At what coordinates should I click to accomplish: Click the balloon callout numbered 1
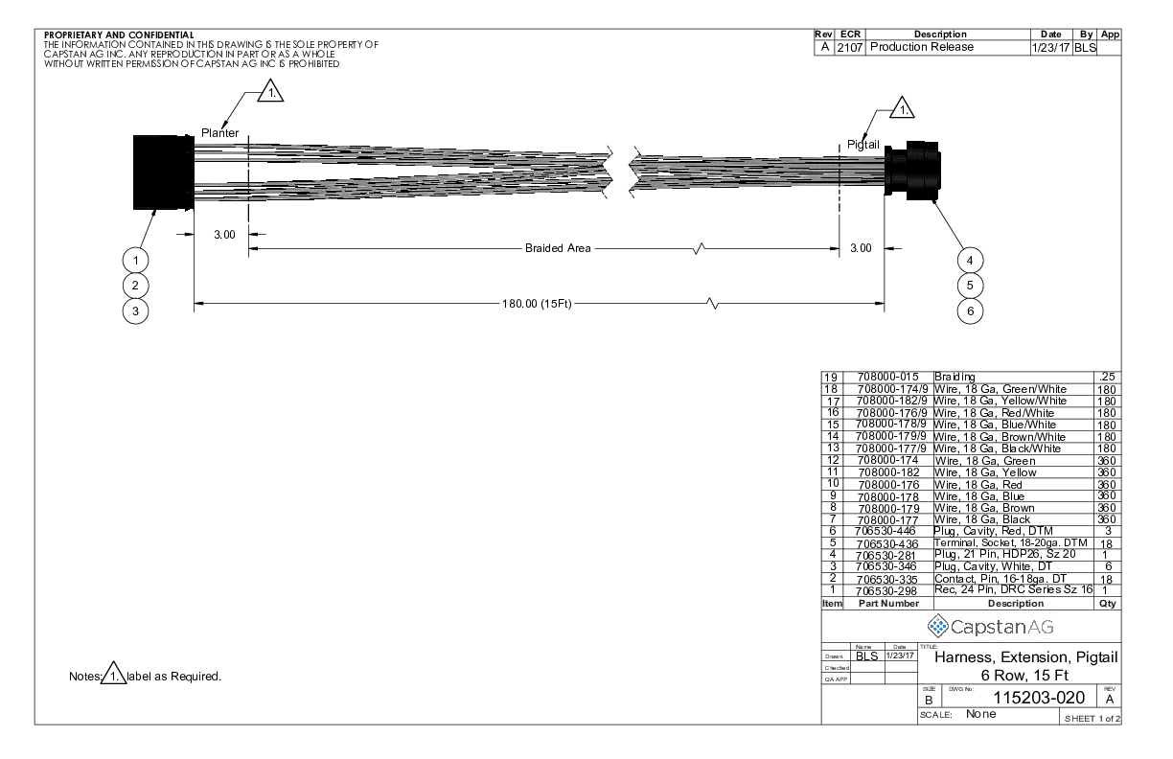(x=137, y=260)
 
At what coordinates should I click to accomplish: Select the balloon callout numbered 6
(x=970, y=310)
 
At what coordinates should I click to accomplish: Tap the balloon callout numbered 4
(x=970, y=260)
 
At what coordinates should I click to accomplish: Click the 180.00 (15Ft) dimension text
(x=537, y=305)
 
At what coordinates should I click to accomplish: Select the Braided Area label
(x=557, y=248)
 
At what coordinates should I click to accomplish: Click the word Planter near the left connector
(x=219, y=133)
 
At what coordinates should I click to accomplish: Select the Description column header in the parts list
(x=1013, y=604)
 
